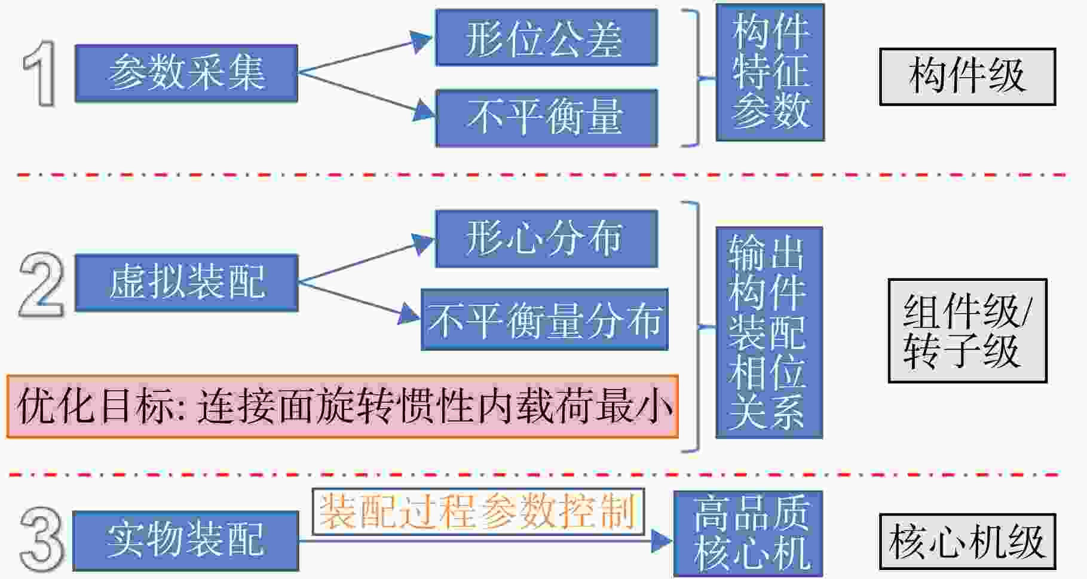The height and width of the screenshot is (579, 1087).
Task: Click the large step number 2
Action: point(41,284)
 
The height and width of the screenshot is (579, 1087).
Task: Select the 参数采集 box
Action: point(186,73)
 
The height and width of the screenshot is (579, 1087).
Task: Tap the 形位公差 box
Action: point(546,37)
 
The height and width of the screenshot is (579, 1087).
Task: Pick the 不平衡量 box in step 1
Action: point(546,118)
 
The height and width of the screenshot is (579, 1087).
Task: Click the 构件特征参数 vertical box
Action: point(770,72)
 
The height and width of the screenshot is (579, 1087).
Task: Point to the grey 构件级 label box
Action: point(967,77)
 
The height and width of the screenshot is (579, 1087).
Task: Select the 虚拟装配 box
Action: point(186,283)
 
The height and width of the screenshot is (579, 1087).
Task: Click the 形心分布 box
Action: point(546,238)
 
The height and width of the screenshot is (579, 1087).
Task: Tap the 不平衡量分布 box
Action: point(544,320)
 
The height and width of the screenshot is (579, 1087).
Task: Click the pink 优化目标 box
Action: point(342,406)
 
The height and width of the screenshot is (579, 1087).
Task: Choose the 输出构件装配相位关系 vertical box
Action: point(769,332)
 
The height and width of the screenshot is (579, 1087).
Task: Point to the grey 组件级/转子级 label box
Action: point(967,330)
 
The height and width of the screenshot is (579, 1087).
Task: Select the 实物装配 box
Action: point(186,540)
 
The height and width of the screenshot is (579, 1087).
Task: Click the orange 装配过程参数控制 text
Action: point(477,511)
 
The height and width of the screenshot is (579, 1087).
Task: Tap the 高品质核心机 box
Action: point(748,533)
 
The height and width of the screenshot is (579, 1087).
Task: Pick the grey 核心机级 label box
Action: point(967,541)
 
